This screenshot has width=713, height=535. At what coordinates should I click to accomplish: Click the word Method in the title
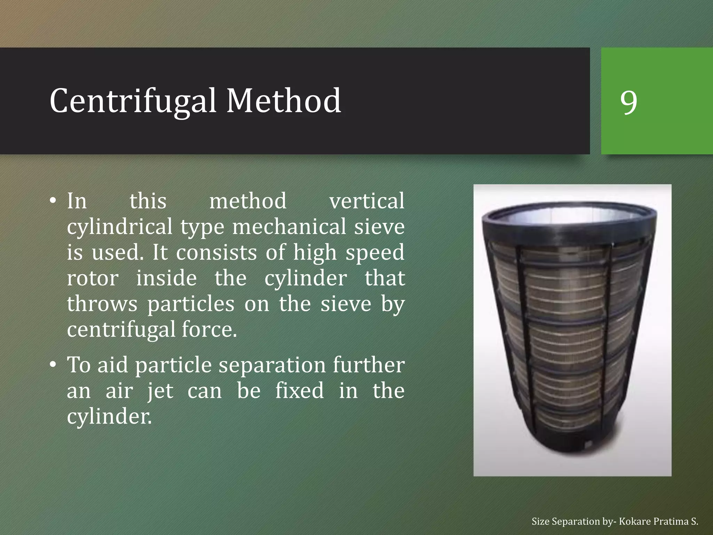tap(284, 101)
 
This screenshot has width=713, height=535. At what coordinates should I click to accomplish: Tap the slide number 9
tap(629, 102)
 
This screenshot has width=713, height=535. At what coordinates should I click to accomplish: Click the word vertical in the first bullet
tap(367, 201)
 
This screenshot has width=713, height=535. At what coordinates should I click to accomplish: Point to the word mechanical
tap(289, 227)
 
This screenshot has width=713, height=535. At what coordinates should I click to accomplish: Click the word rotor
tap(93, 278)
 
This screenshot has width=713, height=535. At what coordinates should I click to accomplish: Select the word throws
tap(102, 304)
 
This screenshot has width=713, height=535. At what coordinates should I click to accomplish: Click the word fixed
tap(299, 391)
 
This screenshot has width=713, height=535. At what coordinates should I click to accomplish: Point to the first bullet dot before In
tap(53, 201)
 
